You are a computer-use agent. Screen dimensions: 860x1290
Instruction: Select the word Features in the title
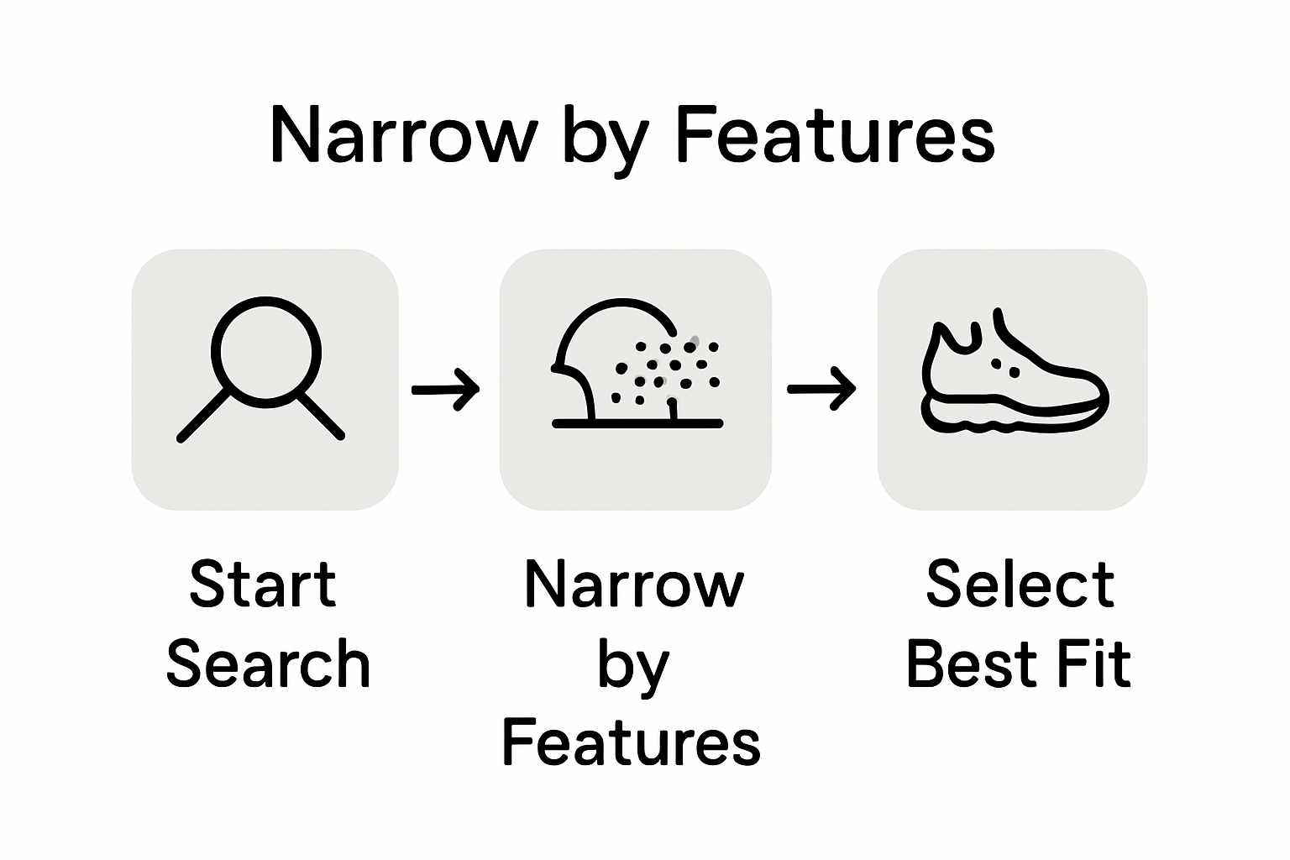tap(834, 136)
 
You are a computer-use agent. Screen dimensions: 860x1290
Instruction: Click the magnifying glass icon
tap(264, 370)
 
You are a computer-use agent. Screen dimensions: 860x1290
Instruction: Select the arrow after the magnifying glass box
tap(446, 389)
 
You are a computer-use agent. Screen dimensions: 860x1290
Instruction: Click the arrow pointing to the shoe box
tap(821, 389)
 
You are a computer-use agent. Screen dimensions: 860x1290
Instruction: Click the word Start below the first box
tap(263, 585)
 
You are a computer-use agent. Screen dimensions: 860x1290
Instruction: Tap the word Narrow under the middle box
tap(634, 585)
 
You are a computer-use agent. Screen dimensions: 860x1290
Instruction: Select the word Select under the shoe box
tap(1020, 585)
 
